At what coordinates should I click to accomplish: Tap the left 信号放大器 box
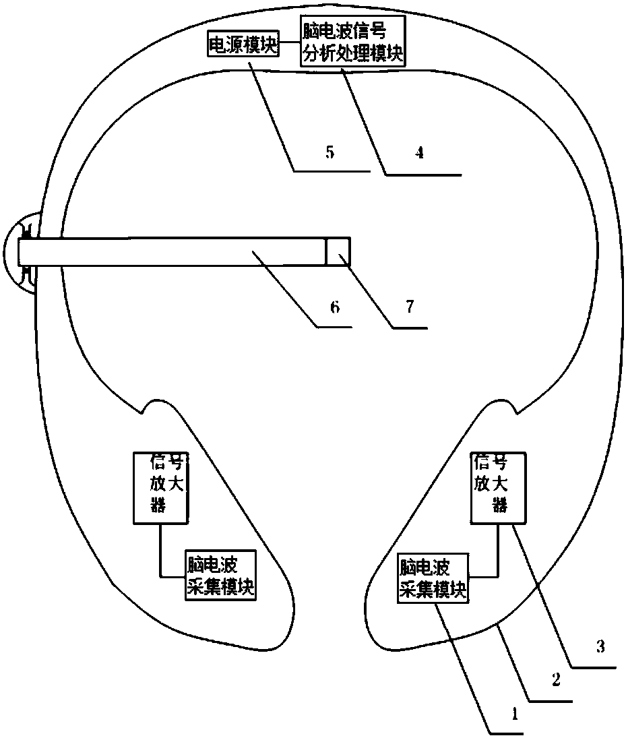point(160,488)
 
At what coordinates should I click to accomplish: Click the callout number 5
point(330,152)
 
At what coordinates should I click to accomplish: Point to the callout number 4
point(419,152)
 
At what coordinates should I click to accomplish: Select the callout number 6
point(334,307)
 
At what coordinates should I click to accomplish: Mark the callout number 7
point(410,307)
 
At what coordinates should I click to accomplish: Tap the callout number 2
point(556,681)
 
